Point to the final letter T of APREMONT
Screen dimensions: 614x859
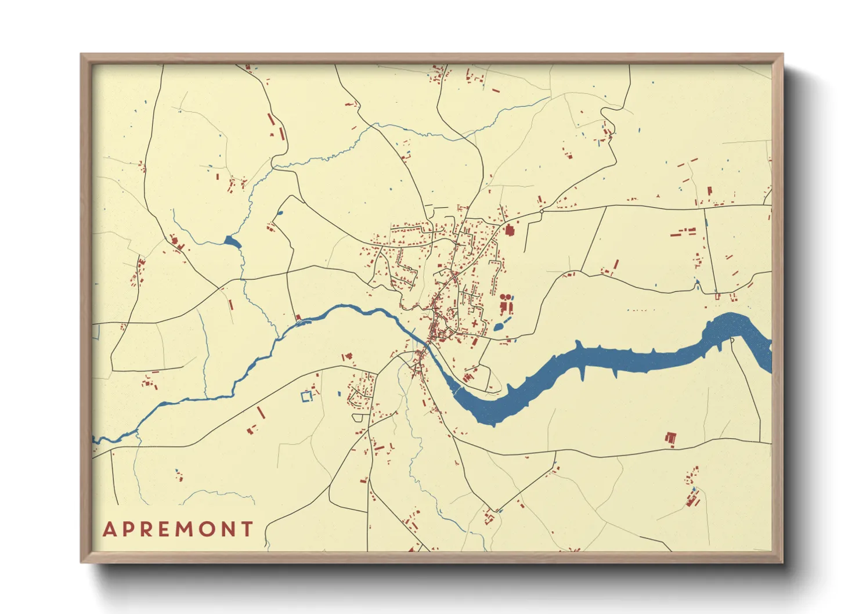tap(248, 529)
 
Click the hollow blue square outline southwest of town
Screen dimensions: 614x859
tap(306, 396)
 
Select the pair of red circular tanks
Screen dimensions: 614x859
tap(506, 297)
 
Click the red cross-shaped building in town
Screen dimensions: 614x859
tap(475, 323)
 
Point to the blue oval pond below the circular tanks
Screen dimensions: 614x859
tap(499, 327)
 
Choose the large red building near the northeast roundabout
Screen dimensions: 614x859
tap(510, 230)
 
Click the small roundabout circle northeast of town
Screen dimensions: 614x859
tap(541, 212)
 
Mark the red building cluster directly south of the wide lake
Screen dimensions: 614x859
tap(671, 439)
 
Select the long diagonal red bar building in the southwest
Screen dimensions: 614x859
tap(261, 412)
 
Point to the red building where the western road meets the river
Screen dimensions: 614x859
tap(298, 317)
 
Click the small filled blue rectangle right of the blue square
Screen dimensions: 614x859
tap(340, 394)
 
